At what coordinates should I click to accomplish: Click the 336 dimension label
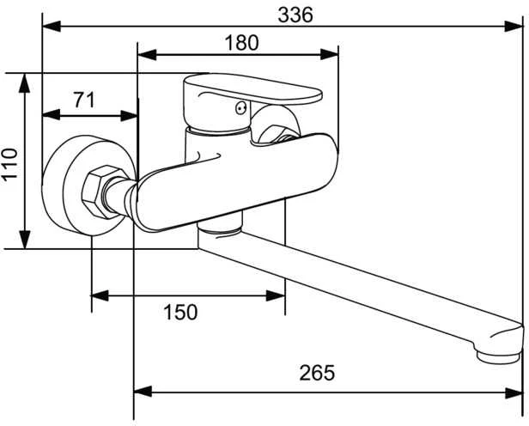pos(295,15)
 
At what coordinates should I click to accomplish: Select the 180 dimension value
pos(242,43)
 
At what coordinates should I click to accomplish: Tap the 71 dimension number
pos(84,100)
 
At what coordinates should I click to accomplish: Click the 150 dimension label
pos(180,312)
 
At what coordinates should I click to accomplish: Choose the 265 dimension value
pos(317,373)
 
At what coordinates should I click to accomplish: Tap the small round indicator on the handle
pos(240,109)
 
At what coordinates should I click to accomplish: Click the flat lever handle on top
pos(252,88)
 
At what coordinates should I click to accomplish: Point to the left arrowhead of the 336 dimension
pos(52,27)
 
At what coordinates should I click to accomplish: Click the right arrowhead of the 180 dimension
pos(329,54)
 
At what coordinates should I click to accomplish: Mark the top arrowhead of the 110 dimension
pos(25,83)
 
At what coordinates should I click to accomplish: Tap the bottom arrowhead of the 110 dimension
pos(25,240)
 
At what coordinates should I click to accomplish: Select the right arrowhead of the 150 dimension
pos(276,295)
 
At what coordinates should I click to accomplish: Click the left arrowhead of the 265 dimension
pos(143,392)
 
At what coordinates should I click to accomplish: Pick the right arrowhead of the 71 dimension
pos(129,115)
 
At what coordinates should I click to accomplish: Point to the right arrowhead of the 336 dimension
pos(514,27)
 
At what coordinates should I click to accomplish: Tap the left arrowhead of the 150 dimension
pos(100,295)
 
